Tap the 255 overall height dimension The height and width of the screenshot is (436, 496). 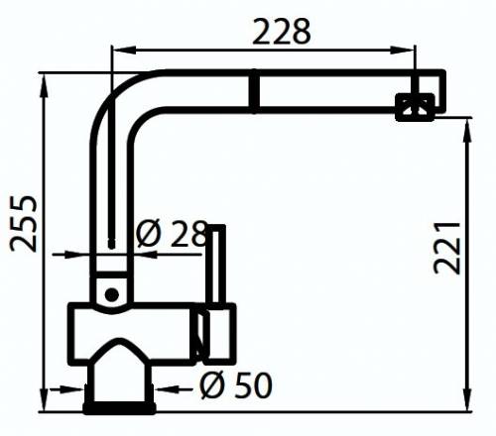[x=24, y=224]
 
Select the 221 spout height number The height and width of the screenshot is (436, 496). [x=448, y=246]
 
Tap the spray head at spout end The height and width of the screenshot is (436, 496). [x=416, y=106]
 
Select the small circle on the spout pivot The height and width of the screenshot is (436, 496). [x=112, y=293]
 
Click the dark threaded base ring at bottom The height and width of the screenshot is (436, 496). [x=120, y=405]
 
